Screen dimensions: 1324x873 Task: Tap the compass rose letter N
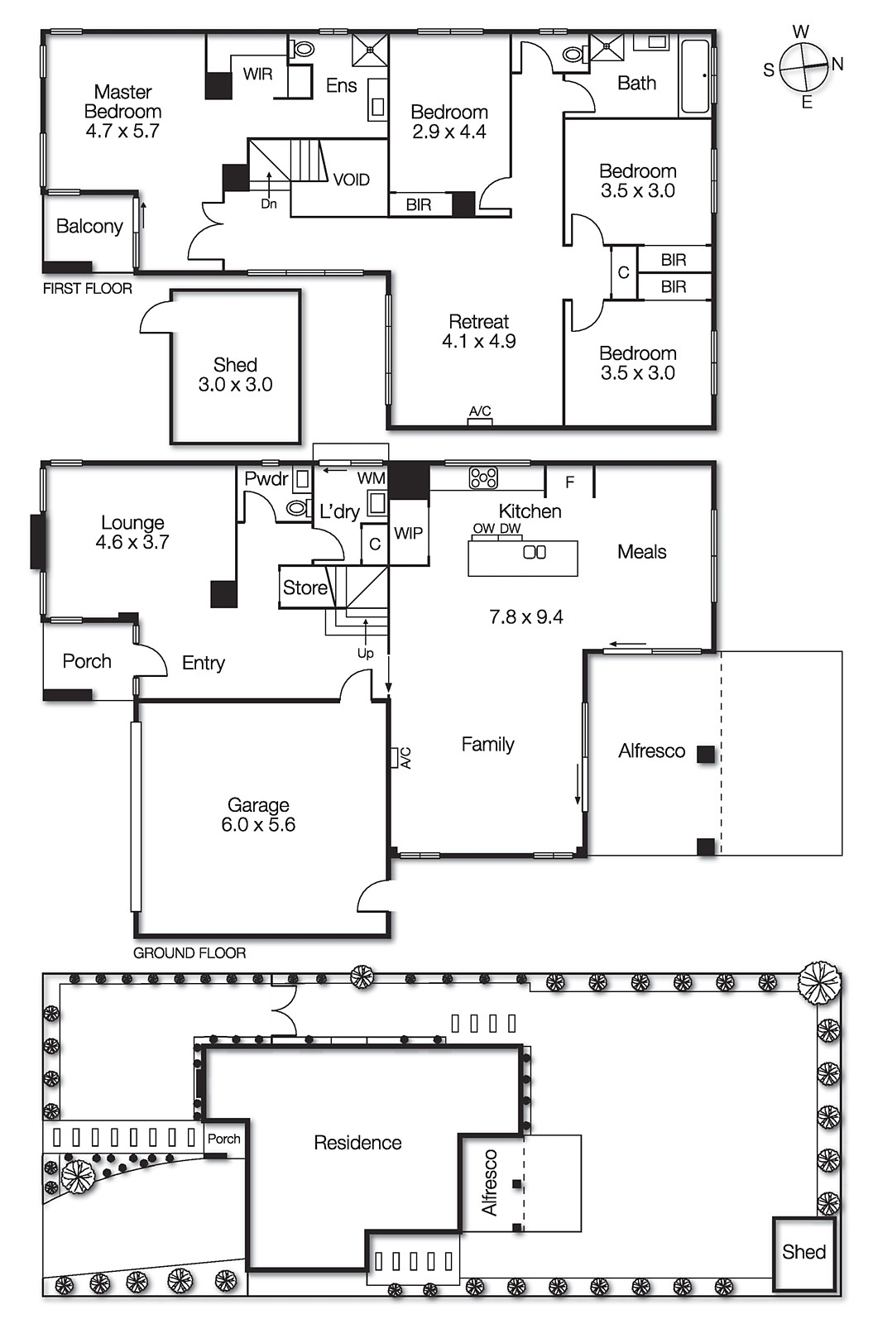[837, 65]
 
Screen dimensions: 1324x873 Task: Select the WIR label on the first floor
[257, 74]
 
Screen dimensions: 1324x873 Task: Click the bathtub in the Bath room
[694, 76]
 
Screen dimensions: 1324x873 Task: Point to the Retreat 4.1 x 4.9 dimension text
[478, 342]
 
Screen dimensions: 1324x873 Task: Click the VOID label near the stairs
[351, 180]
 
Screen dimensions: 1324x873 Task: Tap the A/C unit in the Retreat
[480, 421]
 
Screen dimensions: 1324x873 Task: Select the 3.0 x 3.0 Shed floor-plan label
[235, 385]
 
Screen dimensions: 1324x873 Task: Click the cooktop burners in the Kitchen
[483, 477]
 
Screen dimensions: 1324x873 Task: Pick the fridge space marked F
[569, 482]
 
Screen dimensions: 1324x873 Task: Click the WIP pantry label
[408, 534]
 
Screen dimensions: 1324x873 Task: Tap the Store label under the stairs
[305, 588]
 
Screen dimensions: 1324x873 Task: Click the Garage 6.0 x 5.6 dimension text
[257, 825]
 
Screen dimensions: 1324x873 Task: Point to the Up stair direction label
[365, 653]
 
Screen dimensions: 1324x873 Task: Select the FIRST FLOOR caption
[87, 289]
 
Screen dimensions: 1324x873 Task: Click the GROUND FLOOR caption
[189, 953]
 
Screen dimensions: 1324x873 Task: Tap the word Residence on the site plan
[357, 1143]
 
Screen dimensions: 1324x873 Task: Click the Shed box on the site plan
[803, 1253]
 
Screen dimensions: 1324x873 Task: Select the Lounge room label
[132, 523]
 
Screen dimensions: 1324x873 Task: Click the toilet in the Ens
[303, 49]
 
